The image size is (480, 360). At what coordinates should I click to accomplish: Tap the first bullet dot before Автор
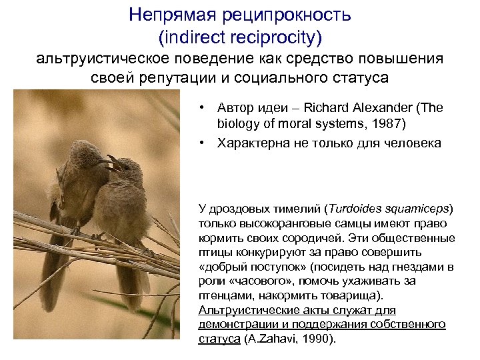click(x=202, y=107)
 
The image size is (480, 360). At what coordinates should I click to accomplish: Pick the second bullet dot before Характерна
click(x=202, y=143)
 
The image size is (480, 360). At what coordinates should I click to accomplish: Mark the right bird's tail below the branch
click(x=127, y=287)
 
